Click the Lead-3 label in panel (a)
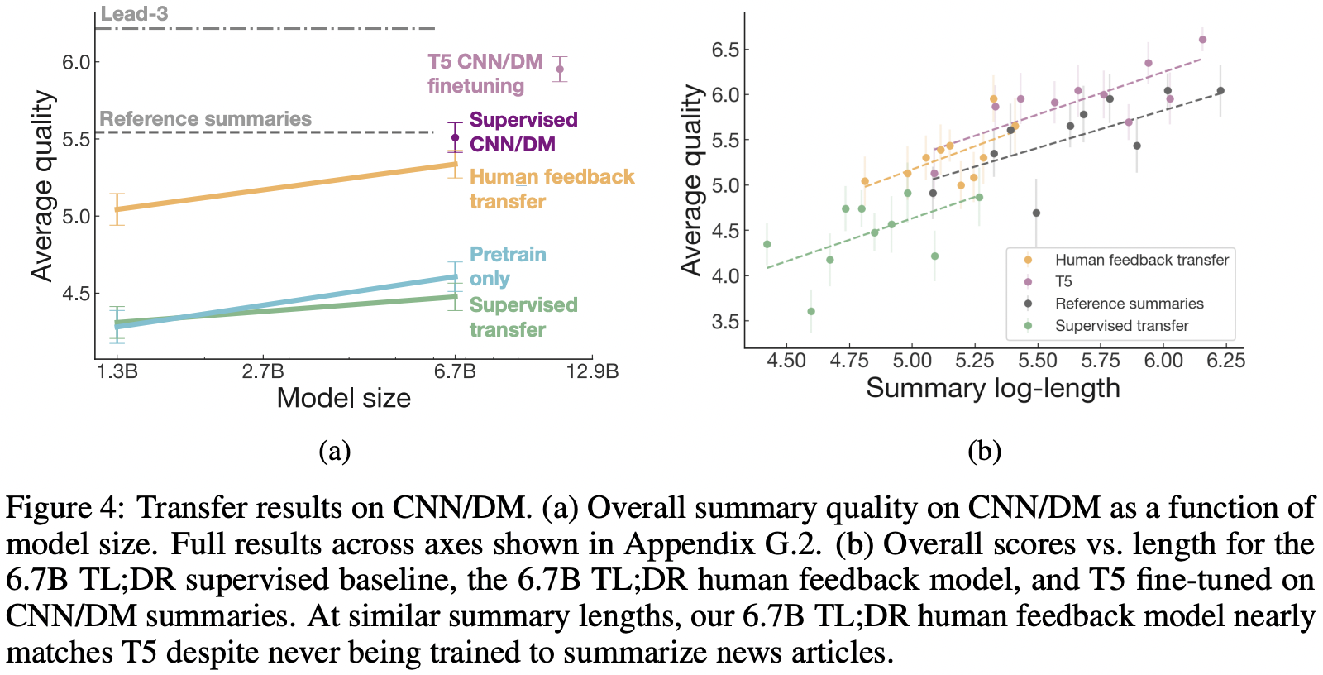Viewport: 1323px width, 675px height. pyautogui.click(x=134, y=14)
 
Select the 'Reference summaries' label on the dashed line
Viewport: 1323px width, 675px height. pyautogui.click(x=205, y=119)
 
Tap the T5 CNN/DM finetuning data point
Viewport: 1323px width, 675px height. pyautogui.click(x=560, y=69)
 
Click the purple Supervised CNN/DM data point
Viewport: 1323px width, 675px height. pyautogui.click(x=455, y=138)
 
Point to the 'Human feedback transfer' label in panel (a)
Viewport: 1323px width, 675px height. pyautogui.click(x=551, y=189)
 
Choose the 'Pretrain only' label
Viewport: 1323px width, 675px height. pyautogui.click(x=507, y=266)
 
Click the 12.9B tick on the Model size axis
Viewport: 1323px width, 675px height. pyautogui.click(x=592, y=371)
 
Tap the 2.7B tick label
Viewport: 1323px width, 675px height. pyautogui.click(x=263, y=371)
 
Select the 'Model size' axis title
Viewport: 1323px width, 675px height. pyautogui.click(x=343, y=398)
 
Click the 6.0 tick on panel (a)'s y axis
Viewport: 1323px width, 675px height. pyautogui.click(x=76, y=62)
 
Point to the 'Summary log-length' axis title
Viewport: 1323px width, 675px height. pyautogui.click(x=992, y=388)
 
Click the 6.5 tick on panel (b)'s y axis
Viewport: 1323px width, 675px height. pyautogui.click(x=724, y=50)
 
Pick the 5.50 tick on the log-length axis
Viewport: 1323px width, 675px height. pyautogui.click(x=1038, y=360)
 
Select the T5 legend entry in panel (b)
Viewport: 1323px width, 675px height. pyautogui.click(x=1063, y=281)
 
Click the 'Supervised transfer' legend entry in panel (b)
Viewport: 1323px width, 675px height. pyautogui.click(x=1121, y=326)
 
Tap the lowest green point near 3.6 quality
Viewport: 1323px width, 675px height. pyautogui.click(x=811, y=312)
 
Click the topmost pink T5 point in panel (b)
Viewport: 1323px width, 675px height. pyautogui.click(x=1202, y=40)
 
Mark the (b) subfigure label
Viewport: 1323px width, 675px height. pyautogui.click(x=984, y=451)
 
